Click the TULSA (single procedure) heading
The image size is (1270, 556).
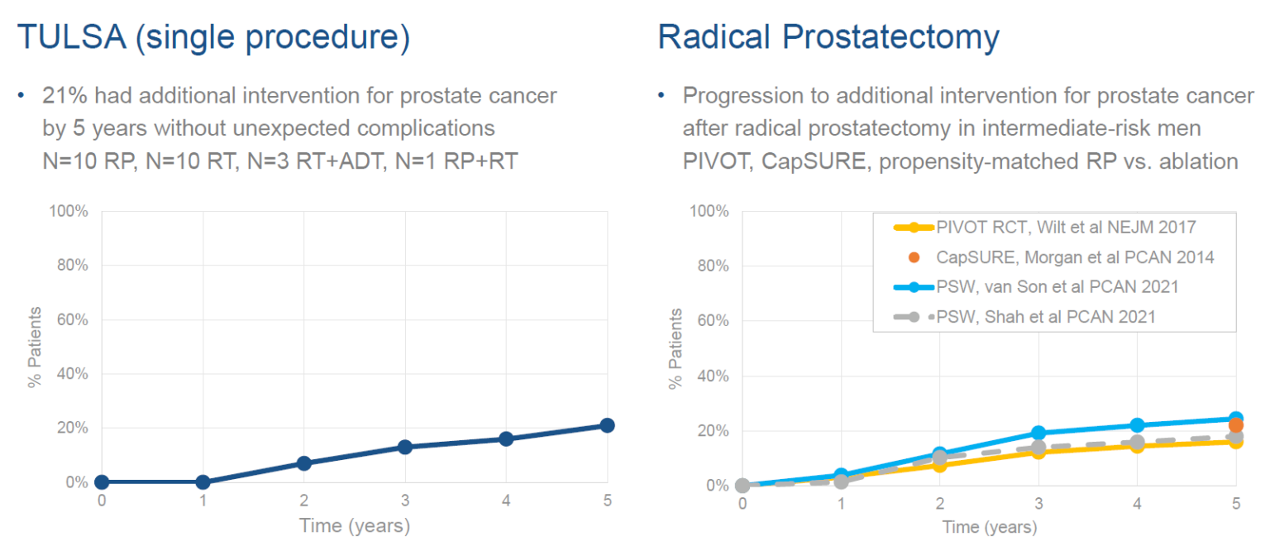(x=213, y=38)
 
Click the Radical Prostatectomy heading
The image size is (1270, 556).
(x=828, y=38)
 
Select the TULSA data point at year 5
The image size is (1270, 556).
(x=607, y=425)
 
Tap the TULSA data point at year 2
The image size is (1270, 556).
(x=303, y=463)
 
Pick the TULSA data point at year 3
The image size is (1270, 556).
(x=404, y=447)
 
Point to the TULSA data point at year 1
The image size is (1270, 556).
(x=203, y=482)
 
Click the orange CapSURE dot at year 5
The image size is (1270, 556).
(x=1235, y=425)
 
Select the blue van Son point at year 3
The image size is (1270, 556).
(x=1038, y=433)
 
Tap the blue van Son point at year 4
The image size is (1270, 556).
(x=1137, y=425)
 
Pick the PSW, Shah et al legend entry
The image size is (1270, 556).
(x=1045, y=316)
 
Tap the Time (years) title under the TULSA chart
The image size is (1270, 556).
(x=354, y=525)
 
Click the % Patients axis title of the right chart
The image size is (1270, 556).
(x=676, y=348)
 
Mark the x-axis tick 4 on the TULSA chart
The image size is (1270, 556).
(x=505, y=500)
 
